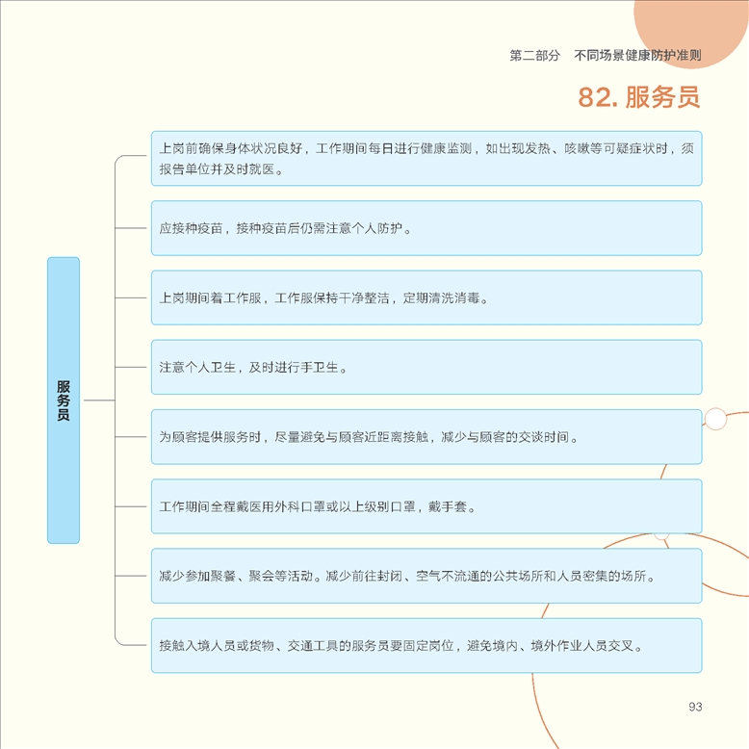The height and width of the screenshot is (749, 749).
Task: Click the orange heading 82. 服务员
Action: tap(638, 97)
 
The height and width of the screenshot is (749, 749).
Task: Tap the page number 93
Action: tap(695, 707)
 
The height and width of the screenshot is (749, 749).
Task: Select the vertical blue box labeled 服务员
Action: tap(64, 400)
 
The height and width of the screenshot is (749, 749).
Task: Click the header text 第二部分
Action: tap(534, 56)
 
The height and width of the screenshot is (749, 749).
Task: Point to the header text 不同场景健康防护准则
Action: tap(637, 56)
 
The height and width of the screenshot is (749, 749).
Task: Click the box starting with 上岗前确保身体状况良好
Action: tap(426, 158)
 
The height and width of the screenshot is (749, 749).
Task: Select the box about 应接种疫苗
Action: tap(426, 228)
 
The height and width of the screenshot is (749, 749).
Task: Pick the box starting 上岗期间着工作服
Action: tap(426, 297)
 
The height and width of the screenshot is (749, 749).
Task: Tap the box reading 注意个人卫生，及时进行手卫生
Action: tap(426, 367)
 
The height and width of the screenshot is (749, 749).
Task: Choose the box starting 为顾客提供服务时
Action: tap(426, 437)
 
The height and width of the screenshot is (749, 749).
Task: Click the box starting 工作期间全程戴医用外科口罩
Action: tap(426, 506)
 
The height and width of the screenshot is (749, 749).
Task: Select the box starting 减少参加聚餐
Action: tap(426, 576)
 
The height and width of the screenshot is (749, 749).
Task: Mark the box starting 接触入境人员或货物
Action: tap(426, 645)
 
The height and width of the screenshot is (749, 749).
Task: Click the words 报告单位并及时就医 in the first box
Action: tap(217, 169)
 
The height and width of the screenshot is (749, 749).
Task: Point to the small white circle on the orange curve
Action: tap(715, 419)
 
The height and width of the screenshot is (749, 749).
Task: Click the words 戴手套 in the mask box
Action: tap(447, 506)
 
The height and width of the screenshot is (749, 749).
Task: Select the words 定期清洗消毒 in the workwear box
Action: tap(441, 298)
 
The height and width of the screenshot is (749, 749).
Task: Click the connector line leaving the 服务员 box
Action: tap(99, 400)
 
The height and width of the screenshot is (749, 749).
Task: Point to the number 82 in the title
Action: tap(594, 97)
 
